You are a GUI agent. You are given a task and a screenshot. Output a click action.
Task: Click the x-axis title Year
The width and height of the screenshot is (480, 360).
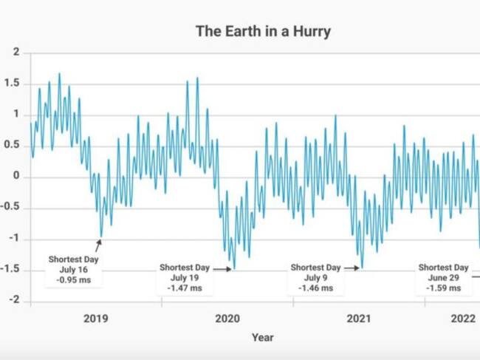262,338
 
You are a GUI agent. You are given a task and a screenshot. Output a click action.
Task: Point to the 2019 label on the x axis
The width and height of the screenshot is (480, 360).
95,319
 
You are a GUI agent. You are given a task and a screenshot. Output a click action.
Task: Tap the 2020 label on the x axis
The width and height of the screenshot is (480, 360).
227,319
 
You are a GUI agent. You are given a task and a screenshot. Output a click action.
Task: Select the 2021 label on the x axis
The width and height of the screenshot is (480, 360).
359,319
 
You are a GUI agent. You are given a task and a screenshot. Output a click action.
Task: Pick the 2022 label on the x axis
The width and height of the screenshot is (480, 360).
463,319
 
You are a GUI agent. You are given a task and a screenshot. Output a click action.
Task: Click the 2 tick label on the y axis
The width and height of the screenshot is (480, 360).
16,52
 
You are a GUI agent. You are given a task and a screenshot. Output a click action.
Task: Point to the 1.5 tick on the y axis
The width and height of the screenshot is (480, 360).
13,84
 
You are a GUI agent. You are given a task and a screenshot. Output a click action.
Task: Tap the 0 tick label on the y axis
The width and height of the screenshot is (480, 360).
16,177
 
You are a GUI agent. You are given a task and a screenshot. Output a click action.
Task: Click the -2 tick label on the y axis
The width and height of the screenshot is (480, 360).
14,302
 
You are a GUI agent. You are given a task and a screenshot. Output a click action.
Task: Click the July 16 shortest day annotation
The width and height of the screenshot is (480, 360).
73,270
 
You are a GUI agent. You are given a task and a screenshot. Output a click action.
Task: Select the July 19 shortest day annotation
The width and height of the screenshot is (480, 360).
185,277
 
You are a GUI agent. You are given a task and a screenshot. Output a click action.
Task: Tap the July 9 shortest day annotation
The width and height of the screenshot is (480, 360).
315,277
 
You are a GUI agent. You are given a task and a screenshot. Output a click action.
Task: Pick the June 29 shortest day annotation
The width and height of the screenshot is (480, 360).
443,277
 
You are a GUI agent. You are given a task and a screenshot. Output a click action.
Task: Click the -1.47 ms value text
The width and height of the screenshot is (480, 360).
185,288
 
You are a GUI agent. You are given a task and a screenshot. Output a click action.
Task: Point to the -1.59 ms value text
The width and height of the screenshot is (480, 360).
443,288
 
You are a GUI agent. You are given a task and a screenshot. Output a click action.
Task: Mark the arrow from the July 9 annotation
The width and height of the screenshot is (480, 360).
352,268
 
